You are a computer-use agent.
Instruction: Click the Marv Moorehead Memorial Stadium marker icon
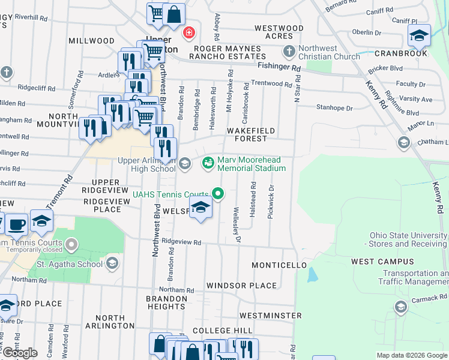click(x=208, y=163)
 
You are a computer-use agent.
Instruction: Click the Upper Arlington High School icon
click(x=185, y=163)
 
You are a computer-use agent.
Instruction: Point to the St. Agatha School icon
click(x=112, y=263)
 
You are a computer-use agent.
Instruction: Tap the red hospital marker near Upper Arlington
click(x=189, y=32)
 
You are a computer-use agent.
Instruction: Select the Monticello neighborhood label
click(x=279, y=265)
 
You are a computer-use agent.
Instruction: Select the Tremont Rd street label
click(x=59, y=191)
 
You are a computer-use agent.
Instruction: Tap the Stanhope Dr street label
click(x=334, y=108)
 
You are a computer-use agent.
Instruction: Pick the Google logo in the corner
click(x=19, y=353)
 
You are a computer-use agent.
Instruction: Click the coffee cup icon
click(x=16, y=224)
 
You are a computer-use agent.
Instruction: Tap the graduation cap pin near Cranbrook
click(x=419, y=35)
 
